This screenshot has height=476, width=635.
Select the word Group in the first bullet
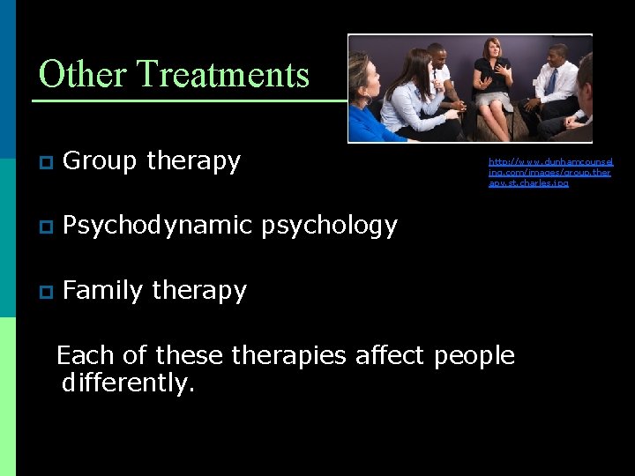(x=101, y=161)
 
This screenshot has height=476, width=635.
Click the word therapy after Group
(x=193, y=162)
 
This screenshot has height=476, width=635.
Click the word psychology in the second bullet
(x=329, y=227)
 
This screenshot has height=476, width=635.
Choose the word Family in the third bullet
(x=103, y=291)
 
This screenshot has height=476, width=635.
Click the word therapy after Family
(x=199, y=291)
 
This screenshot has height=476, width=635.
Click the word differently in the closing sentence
(x=127, y=384)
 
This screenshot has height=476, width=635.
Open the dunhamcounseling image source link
(x=551, y=172)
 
